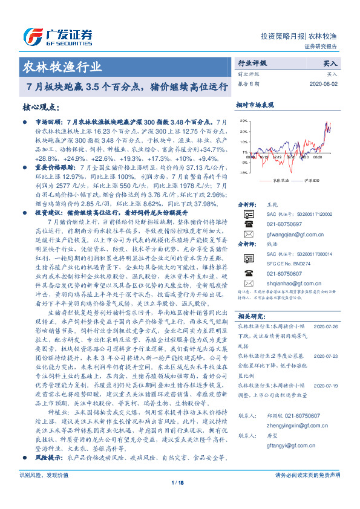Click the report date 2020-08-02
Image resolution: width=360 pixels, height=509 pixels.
pyautogui.click(x=326, y=83)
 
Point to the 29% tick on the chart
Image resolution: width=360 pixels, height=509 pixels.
pyautogui.click(x=243, y=121)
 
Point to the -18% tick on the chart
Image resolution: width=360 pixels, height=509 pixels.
pyautogui.click(x=243, y=172)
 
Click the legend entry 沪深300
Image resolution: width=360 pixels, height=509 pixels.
pyautogui.click(x=312, y=180)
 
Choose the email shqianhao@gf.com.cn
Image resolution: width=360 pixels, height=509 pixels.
pyautogui.click(x=286, y=283)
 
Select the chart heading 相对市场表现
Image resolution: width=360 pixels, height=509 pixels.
pyautogui.click(x=255, y=104)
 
